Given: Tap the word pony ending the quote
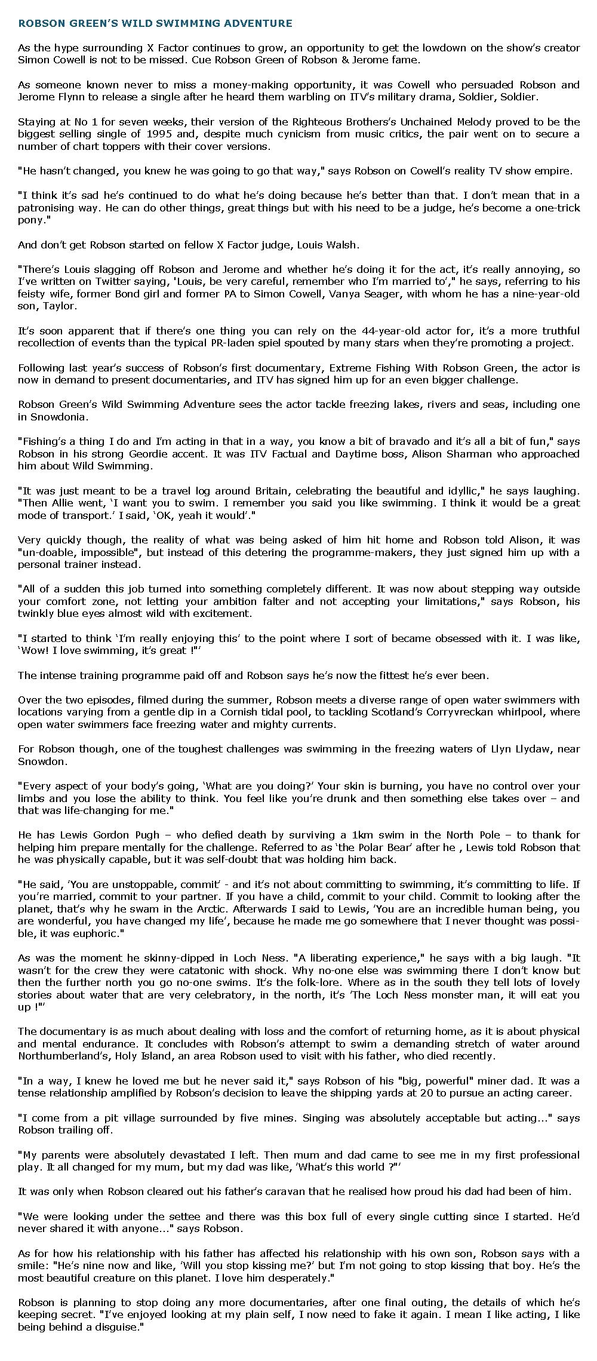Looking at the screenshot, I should (x=29, y=220).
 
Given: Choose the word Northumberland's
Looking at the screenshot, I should (x=62, y=1056).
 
